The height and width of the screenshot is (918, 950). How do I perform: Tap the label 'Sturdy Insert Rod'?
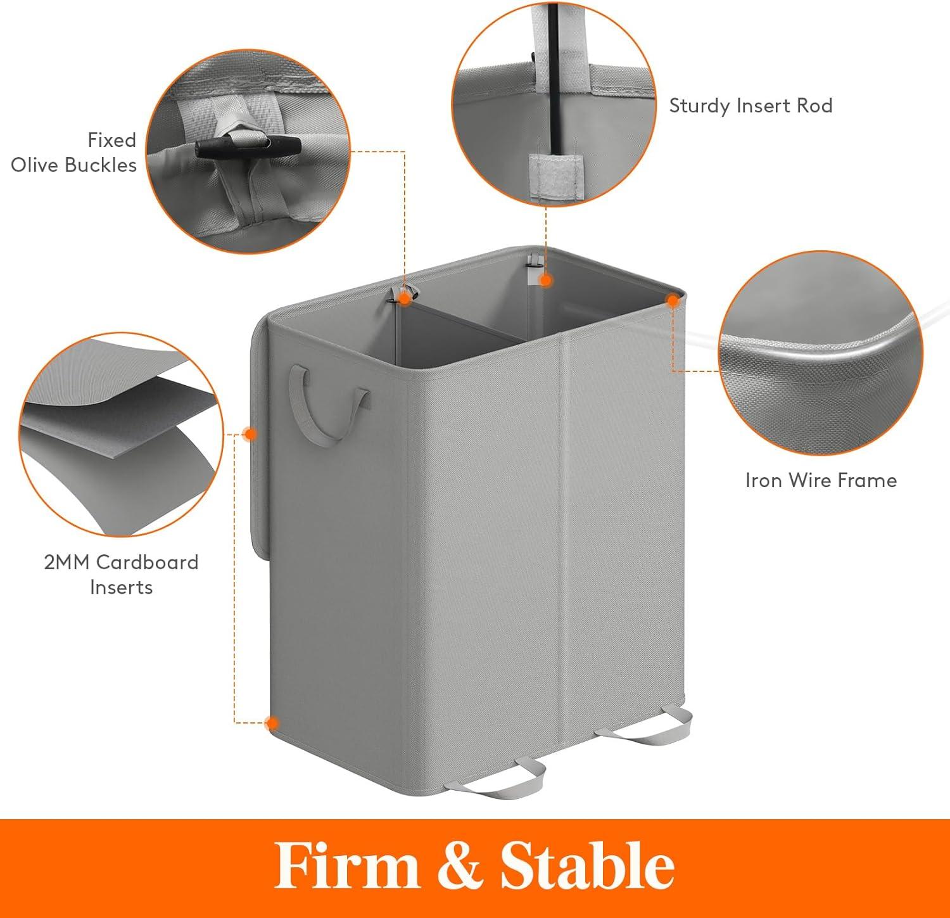coord(750,105)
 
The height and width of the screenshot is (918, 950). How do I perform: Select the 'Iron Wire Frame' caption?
coord(821,480)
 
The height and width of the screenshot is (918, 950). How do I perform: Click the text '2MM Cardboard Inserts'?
coord(121,575)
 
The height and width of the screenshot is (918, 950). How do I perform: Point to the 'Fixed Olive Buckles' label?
coord(74,152)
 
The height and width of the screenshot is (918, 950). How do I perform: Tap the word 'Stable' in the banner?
coord(587,866)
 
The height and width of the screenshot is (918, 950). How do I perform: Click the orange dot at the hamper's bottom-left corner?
coord(272,723)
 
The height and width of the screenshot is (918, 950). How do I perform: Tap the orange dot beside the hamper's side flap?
coord(250,434)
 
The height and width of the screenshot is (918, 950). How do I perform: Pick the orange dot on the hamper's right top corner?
coord(673,301)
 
